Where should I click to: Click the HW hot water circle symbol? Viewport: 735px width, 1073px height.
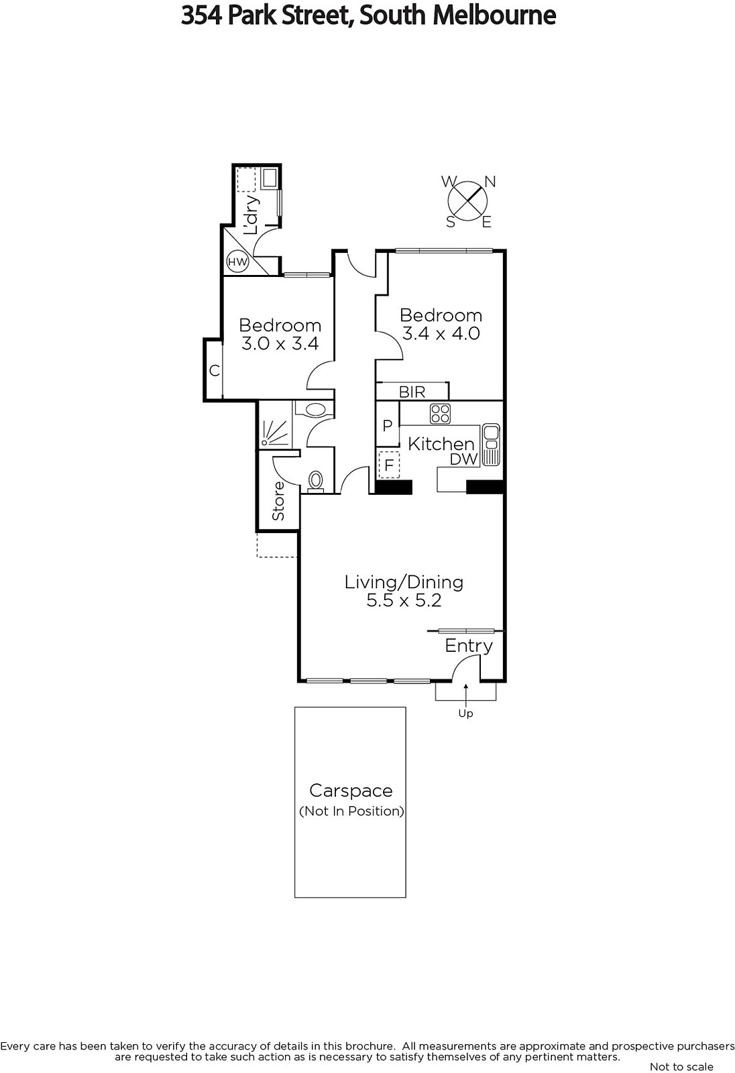click(x=237, y=262)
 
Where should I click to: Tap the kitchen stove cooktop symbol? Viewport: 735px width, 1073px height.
click(x=440, y=414)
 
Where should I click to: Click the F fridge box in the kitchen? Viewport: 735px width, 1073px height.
click(x=389, y=465)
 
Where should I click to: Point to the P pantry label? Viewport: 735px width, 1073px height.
click(x=388, y=425)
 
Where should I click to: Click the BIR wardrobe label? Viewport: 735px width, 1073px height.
click(x=412, y=392)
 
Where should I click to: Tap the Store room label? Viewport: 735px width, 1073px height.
click(x=278, y=500)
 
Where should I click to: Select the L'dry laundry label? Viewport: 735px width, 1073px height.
click(x=251, y=215)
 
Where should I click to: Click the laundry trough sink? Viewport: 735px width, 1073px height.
click(x=269, y=178)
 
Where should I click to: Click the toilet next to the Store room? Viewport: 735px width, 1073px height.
click(x=316, y=482)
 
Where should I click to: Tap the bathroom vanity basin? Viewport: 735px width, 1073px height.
click(x=315, y=409)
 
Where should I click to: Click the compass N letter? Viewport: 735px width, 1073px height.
click(x=490, y=182)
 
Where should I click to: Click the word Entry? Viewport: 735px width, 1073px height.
click(x=469, y=646)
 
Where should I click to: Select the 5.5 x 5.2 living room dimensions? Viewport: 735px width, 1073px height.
click(x=404, y=600)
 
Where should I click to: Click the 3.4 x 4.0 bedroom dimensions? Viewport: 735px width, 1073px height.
click(x=441, y=333)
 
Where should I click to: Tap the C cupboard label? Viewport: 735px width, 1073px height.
click(x=214, y=370)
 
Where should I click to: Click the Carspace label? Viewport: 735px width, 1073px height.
click(x=351, y=791)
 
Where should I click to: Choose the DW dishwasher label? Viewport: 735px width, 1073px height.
click(x=464, y=459)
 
